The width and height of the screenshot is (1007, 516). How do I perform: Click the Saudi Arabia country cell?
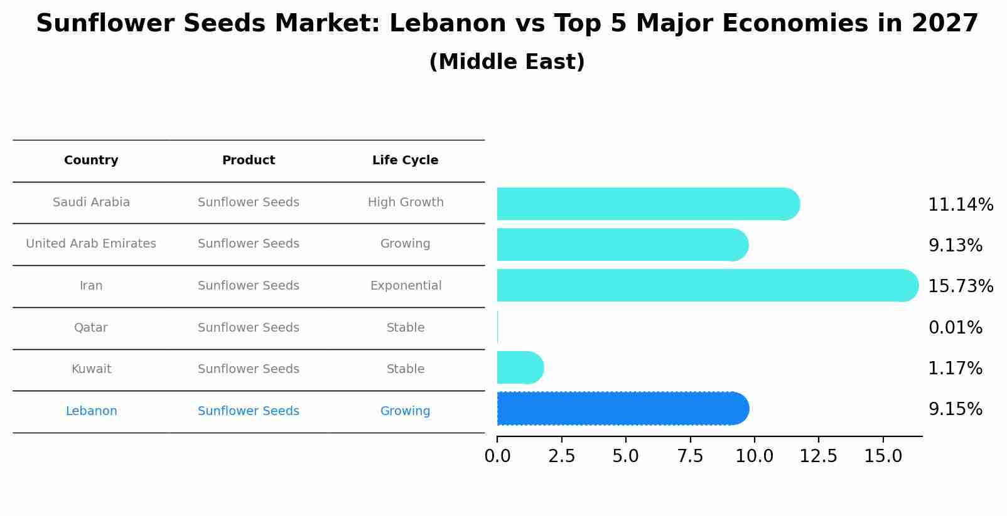(x=91, y=203)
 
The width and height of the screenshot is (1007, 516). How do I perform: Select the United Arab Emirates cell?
(x=91, y=244)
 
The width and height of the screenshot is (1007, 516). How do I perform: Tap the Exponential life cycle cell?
(x=406, y=286)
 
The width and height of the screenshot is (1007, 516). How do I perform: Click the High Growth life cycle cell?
(x=406, y=203)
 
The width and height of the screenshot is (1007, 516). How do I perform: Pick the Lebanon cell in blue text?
(x=91, y=411)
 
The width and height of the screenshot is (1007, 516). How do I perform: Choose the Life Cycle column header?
(x=405, y=161)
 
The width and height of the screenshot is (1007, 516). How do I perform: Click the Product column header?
(x=249, y=161)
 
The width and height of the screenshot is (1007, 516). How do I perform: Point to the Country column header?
(x=91, y=161)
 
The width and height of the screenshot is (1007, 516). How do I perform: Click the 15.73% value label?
(x=961, y=287)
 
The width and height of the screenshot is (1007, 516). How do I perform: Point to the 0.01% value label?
(x=955, y=328)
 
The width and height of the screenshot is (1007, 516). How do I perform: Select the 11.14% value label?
(x=961, y=205)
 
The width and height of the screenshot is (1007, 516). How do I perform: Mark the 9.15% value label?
(x=955, y=409)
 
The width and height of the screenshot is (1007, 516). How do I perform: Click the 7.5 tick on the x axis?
(x=690, y=456)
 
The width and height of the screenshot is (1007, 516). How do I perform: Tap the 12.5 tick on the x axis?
(x=818, y=456)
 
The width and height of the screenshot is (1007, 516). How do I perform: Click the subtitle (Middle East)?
(x=507, y=62)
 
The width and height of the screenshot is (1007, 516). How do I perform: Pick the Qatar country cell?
(x=91, y=328)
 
